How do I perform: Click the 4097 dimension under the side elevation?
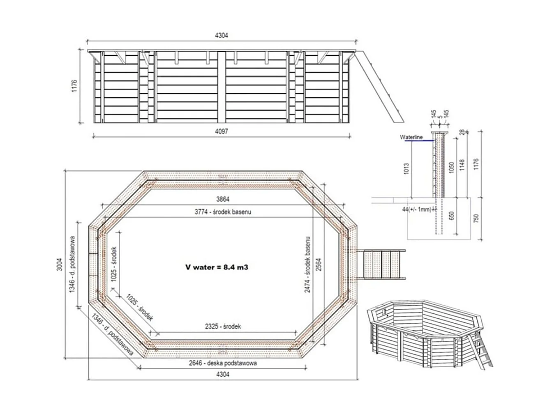221,131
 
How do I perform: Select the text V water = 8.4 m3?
217,267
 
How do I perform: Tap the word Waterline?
411,138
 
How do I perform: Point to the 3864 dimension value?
222,199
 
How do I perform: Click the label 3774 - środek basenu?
222,212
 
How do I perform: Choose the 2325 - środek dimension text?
222,327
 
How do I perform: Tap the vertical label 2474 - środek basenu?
307,265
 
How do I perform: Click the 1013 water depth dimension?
407,168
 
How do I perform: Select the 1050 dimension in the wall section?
452,168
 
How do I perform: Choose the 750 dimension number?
476,218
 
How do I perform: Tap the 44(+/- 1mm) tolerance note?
417,209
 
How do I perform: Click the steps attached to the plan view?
382,264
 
